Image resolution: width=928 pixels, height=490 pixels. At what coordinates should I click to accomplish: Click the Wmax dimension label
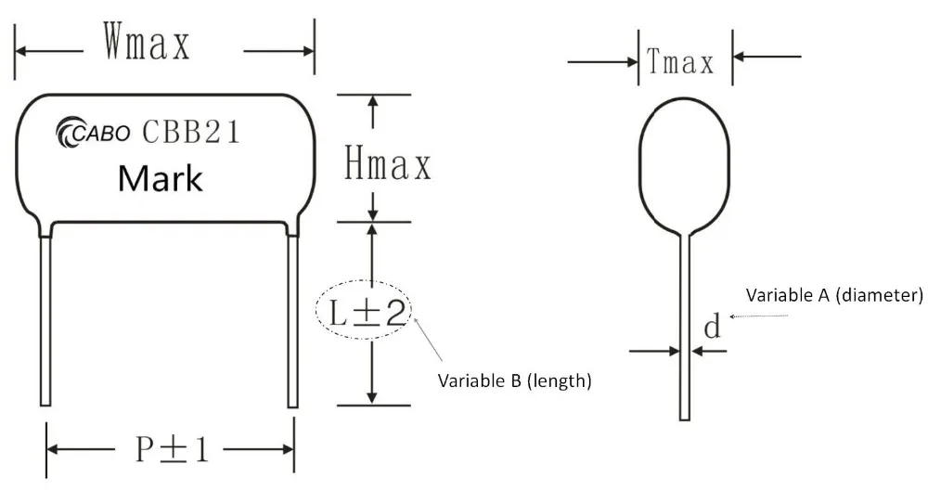coord(147,44)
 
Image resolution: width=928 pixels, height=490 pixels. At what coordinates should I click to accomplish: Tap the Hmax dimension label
coord(388,166)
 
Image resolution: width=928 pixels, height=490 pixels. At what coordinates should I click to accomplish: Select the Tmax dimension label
coord(682,63)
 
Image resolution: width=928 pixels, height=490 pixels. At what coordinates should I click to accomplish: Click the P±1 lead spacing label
coord(173,450)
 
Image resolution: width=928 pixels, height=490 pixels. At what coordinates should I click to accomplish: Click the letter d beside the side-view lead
coord(712,327)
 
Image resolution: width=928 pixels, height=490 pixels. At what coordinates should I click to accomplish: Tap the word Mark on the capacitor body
coord(160,177)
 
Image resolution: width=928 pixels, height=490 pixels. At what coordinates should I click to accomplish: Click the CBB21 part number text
coord(190,133)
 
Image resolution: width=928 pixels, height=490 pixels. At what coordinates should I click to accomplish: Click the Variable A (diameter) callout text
coord(835,295)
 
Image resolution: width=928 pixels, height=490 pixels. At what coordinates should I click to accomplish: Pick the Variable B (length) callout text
coord(514,380)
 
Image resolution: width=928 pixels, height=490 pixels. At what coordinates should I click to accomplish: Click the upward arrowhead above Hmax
coord(373,101)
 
